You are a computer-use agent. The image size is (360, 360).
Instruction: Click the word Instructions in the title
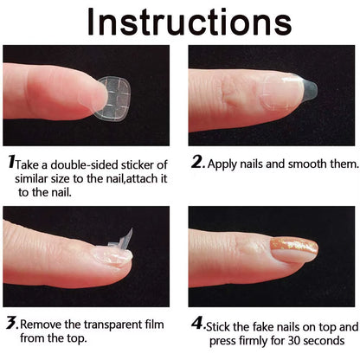point(179,21)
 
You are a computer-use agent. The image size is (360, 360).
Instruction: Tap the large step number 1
point(11,162)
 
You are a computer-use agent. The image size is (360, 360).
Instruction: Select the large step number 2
point(196,162)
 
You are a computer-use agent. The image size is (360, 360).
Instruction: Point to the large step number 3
point(11,324)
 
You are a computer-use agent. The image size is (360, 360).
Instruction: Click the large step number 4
point(197,324)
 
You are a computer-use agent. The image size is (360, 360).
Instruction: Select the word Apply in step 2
point(230,163)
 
